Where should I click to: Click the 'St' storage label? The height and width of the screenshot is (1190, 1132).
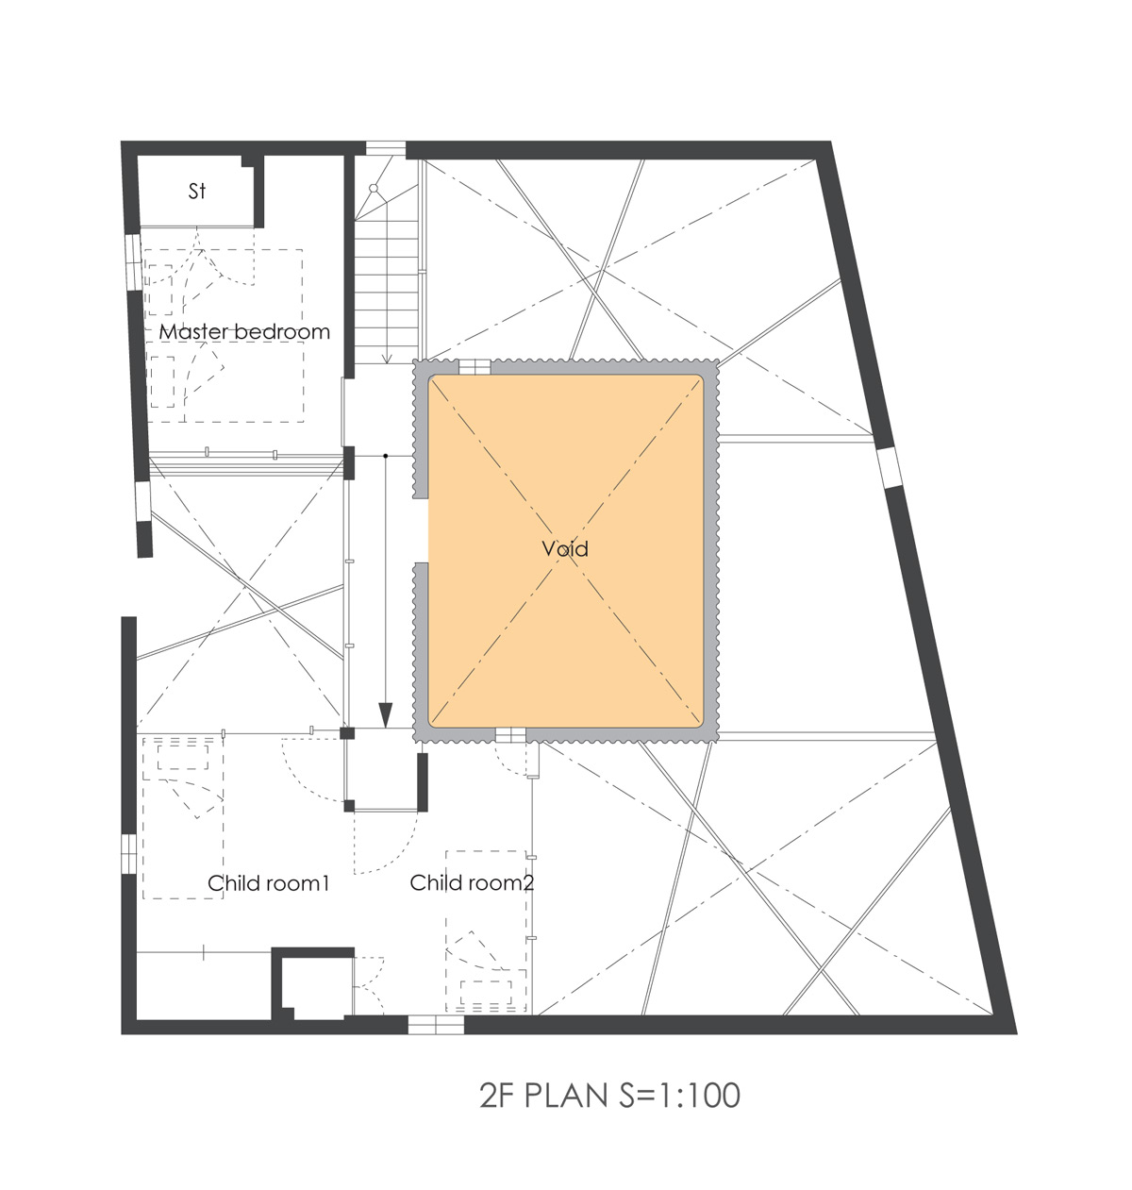[196, 192]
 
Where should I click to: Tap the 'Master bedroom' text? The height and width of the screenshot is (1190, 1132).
[244, 331]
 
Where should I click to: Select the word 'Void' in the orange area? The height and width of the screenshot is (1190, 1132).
[565, 549]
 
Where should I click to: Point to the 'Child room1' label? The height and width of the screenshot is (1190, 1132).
[268, 883]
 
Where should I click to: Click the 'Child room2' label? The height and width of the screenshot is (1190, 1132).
[472, 883]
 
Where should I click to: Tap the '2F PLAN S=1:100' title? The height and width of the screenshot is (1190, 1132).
[609, 1096]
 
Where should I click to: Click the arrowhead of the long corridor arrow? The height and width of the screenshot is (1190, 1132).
[386, 715]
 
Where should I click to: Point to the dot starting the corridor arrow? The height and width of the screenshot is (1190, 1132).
[386, 456]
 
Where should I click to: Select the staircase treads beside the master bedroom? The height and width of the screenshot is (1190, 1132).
[386, 291]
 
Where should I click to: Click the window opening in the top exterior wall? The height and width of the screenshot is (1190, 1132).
[386, 149]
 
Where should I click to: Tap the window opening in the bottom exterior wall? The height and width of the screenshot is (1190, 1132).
[436, 1025]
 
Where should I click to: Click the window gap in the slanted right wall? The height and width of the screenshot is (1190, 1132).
[891, 468]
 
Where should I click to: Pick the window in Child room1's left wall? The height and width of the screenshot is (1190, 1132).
[129, 854]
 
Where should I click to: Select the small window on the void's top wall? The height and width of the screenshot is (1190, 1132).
[474, 367]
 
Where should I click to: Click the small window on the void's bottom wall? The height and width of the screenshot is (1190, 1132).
[510, 735]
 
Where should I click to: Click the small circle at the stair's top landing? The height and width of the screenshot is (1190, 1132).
[374, 189]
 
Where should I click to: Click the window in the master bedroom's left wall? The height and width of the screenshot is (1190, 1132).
[133, 262]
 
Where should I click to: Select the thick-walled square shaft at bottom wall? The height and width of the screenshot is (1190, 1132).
[312, 984]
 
